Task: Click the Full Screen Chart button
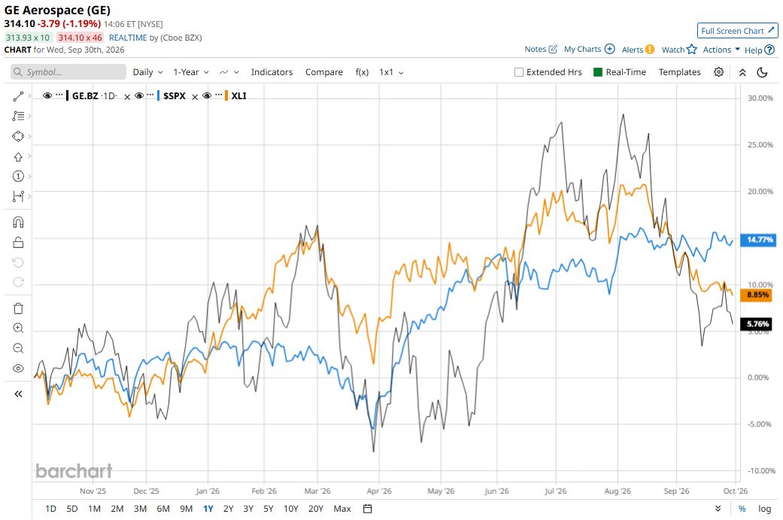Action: (x=738, y=31)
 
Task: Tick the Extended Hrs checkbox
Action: (x=519, y=72)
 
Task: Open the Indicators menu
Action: (x=272, y=72)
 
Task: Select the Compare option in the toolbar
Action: (x=324, y=72)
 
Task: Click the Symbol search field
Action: (x=68, y=72)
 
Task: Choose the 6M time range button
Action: (x=163, y=509)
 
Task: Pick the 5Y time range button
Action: (x=269, y=509)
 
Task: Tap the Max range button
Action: (x=342, y=509)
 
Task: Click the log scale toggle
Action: (x=764, y=509)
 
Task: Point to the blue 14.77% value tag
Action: (x=758, y=240)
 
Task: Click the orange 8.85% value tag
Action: (x=757, y=295)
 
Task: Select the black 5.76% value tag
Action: (x=757, y=324)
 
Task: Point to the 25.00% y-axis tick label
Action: (x=760, y=145)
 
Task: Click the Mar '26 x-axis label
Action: (x=317, y=491)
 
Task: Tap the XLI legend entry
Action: (x=238, y=96)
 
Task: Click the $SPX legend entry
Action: (x=175, y=96)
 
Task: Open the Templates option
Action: (x=680, y=72)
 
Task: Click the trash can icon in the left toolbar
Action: (x=19, y=308)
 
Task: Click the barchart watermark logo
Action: (x=74, y=470)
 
